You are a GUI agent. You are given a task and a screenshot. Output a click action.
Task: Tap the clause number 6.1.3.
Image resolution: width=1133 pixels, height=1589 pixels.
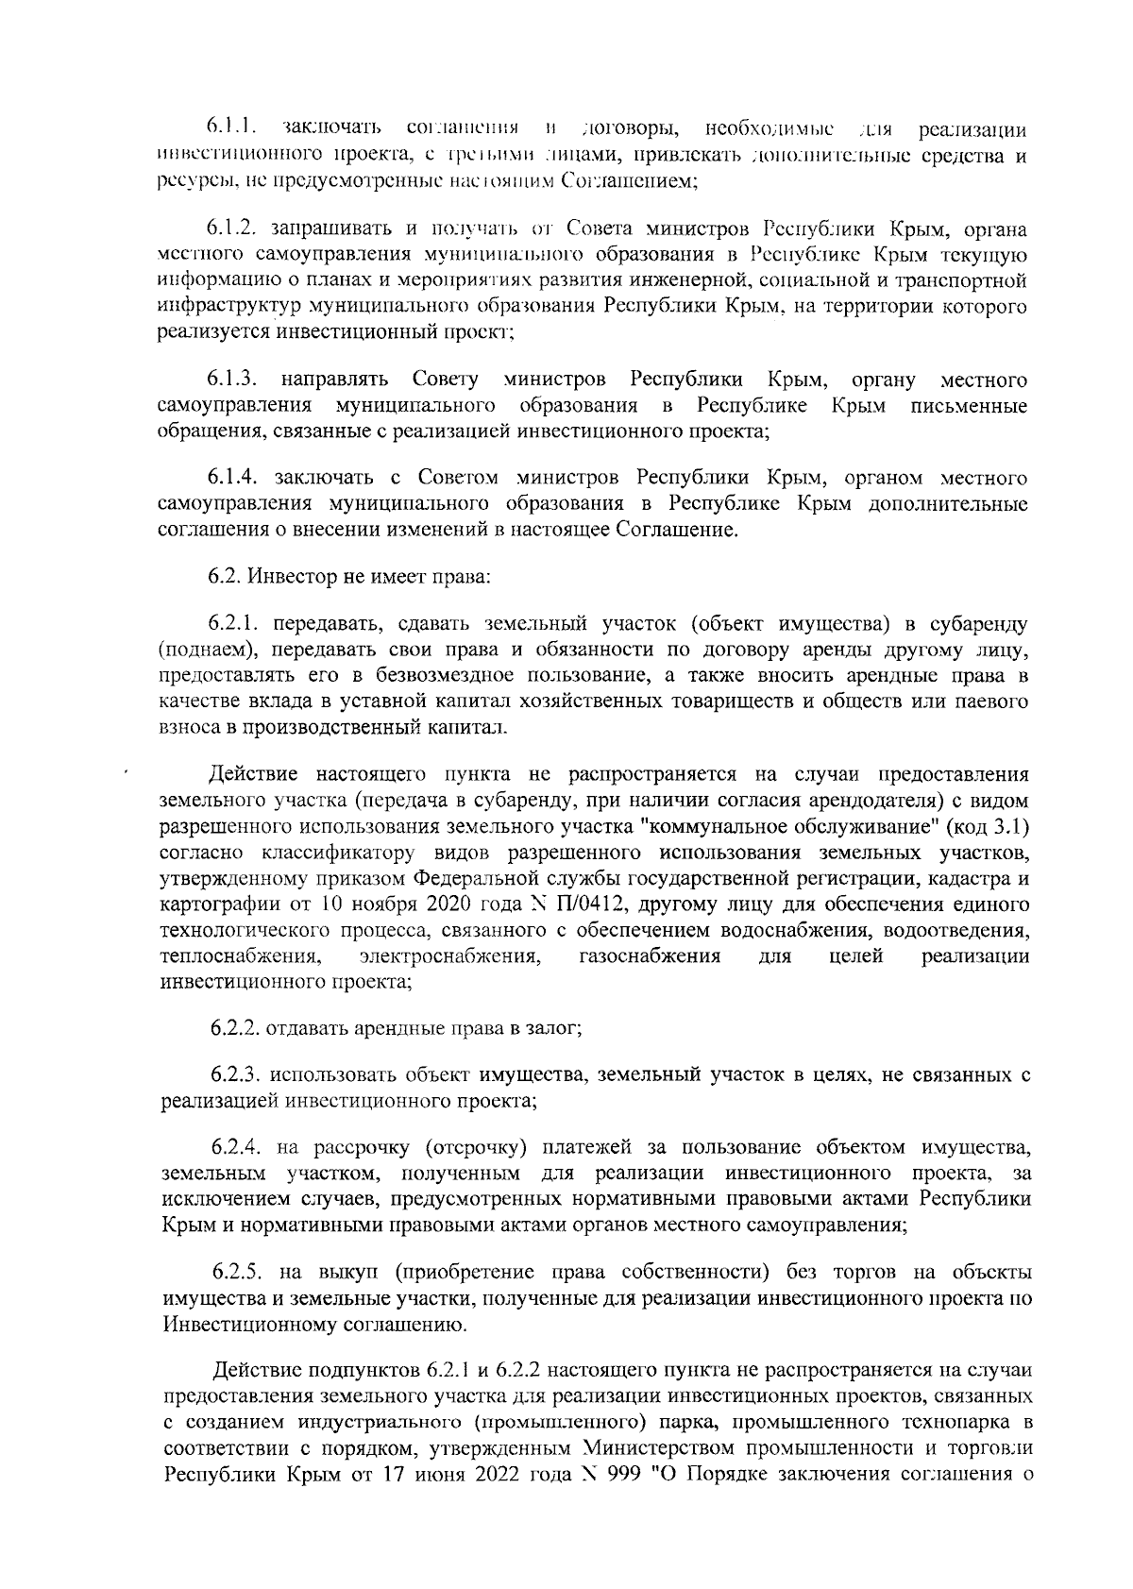click(x=233, y=380)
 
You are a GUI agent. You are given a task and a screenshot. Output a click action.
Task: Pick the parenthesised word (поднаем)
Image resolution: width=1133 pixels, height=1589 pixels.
click(x=205, y=651)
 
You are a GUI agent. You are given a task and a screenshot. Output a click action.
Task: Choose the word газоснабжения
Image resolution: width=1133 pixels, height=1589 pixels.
click(x=650, y=956)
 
